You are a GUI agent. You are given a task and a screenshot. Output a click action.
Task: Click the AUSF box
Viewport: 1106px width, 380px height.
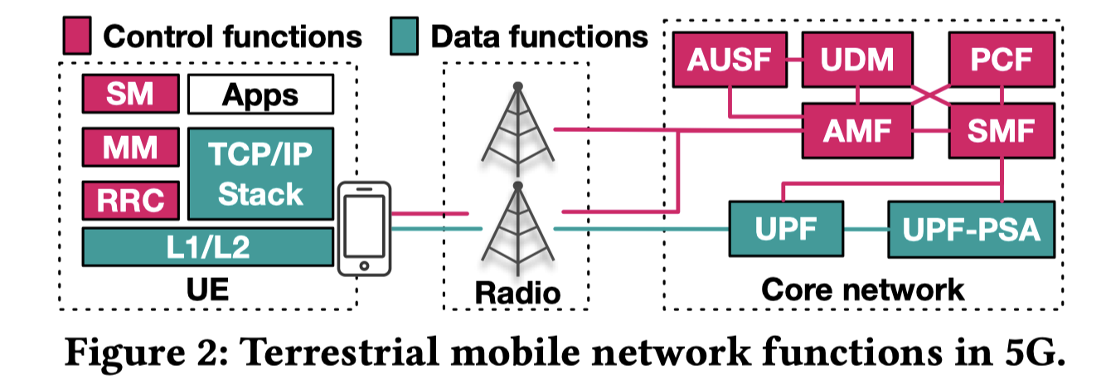pos(730,61)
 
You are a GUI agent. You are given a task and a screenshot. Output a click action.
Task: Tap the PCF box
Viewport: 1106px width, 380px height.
pos(1002,61)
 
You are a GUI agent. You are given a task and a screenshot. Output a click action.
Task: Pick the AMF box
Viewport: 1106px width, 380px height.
pos(857,131)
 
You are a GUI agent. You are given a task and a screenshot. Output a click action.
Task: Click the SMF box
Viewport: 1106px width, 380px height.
pos(1002,131)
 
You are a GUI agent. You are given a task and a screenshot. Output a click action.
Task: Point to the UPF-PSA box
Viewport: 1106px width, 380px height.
pos(971,228)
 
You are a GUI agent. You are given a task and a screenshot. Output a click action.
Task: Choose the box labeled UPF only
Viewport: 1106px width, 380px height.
pos(784,228)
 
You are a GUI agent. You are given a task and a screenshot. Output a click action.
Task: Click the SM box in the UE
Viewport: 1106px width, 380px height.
pos(130,94)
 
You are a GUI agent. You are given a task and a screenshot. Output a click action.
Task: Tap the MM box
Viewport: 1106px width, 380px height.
pos(130,149)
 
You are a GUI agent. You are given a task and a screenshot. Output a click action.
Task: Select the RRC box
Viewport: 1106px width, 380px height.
pos(130,200)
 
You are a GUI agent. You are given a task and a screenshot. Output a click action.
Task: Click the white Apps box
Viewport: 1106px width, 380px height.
pos(260,94)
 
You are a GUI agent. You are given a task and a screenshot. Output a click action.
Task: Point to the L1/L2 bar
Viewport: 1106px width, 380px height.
pos(207,247)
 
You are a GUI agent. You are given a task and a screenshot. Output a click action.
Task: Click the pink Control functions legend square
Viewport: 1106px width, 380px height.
pos(76,36)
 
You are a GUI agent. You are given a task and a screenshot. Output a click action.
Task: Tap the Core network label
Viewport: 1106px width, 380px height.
pos(862,290)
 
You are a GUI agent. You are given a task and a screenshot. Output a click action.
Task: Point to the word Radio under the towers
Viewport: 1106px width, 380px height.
pos(517,291)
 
